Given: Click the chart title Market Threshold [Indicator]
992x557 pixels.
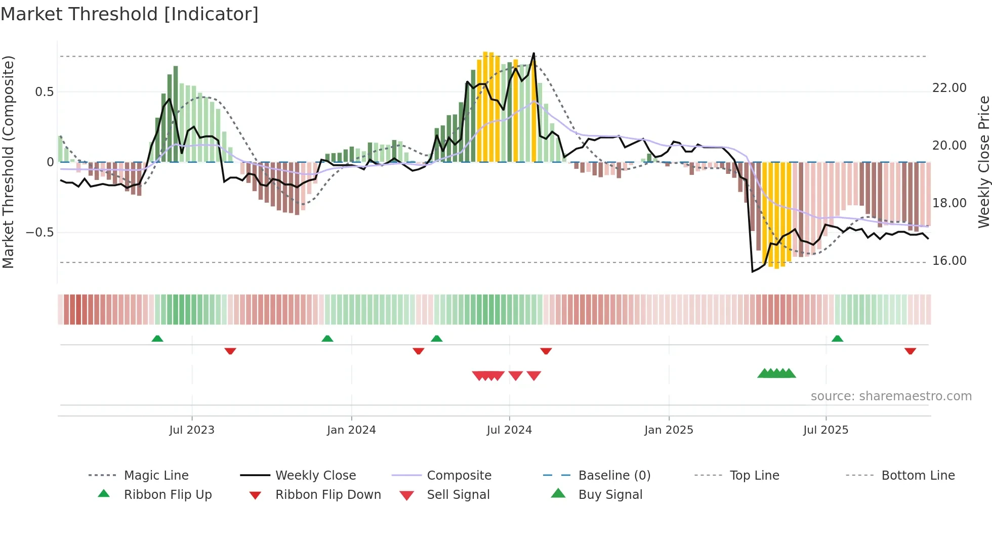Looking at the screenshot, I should pyautogui.click(x=130, y=14).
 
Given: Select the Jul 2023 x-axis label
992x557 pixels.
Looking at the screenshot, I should pyautogui.click(x=192, y=430).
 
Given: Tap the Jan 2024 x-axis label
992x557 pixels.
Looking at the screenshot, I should pyautogui.click(x=351, y=430).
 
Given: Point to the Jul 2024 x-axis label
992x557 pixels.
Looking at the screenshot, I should pyautogui.click(x=509, y=430).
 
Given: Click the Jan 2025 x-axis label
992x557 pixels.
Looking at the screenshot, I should pyautogui.click(x=669, y=430).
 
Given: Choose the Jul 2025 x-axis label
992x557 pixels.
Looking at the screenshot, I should pyautogui.click(x=825, y=430).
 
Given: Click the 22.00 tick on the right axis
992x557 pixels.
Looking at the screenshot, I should pyautogui.click(x=949, y=88).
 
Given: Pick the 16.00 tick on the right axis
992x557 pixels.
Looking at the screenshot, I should pyautogui.click(x=949, y=261).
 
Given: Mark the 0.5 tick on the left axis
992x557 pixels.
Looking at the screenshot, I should pyautogui.click(x=44, y=92).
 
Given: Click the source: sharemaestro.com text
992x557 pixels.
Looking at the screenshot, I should pyautogui.click(x=891, y=396).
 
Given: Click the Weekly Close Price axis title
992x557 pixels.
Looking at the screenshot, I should pyautogui.click(x=983, y=162).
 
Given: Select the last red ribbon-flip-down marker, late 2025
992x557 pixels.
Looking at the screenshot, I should pyautogui.click(x=910, y=351).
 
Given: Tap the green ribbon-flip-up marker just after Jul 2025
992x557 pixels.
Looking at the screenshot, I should pyautogui.click(x=837, y=339).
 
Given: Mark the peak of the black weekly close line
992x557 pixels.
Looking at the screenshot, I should pyautogui.click(x=533, y=53).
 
